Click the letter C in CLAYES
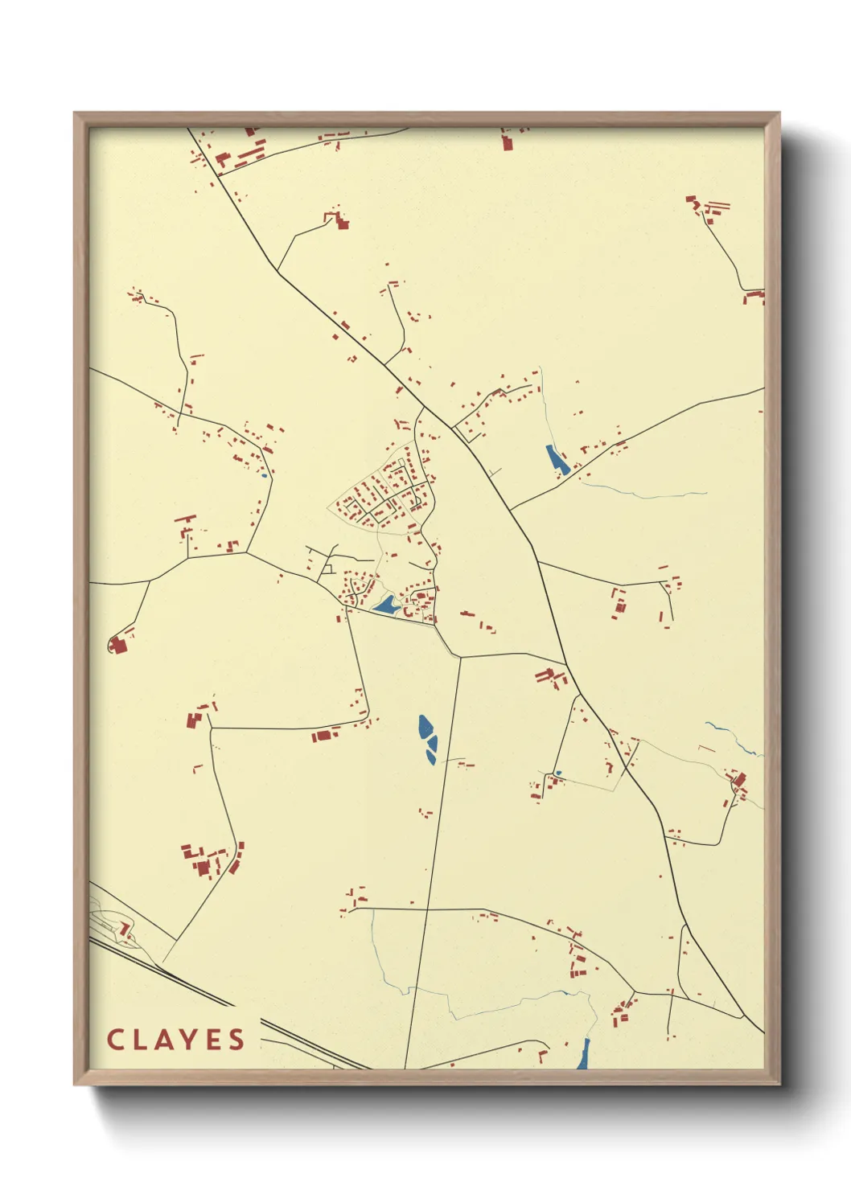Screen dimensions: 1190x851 tap(115, 1040)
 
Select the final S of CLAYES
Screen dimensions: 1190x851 tap(236, 1040)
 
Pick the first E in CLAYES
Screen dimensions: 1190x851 tap(212, 1040)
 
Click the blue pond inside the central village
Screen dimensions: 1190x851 tap(386, 605)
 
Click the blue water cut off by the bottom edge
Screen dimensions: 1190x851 tap(583, 1054)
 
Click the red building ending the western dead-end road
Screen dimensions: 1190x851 tap(118, 646)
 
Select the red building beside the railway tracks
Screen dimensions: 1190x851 tap(125, 929)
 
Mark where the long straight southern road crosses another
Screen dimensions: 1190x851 tap(428, 910)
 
